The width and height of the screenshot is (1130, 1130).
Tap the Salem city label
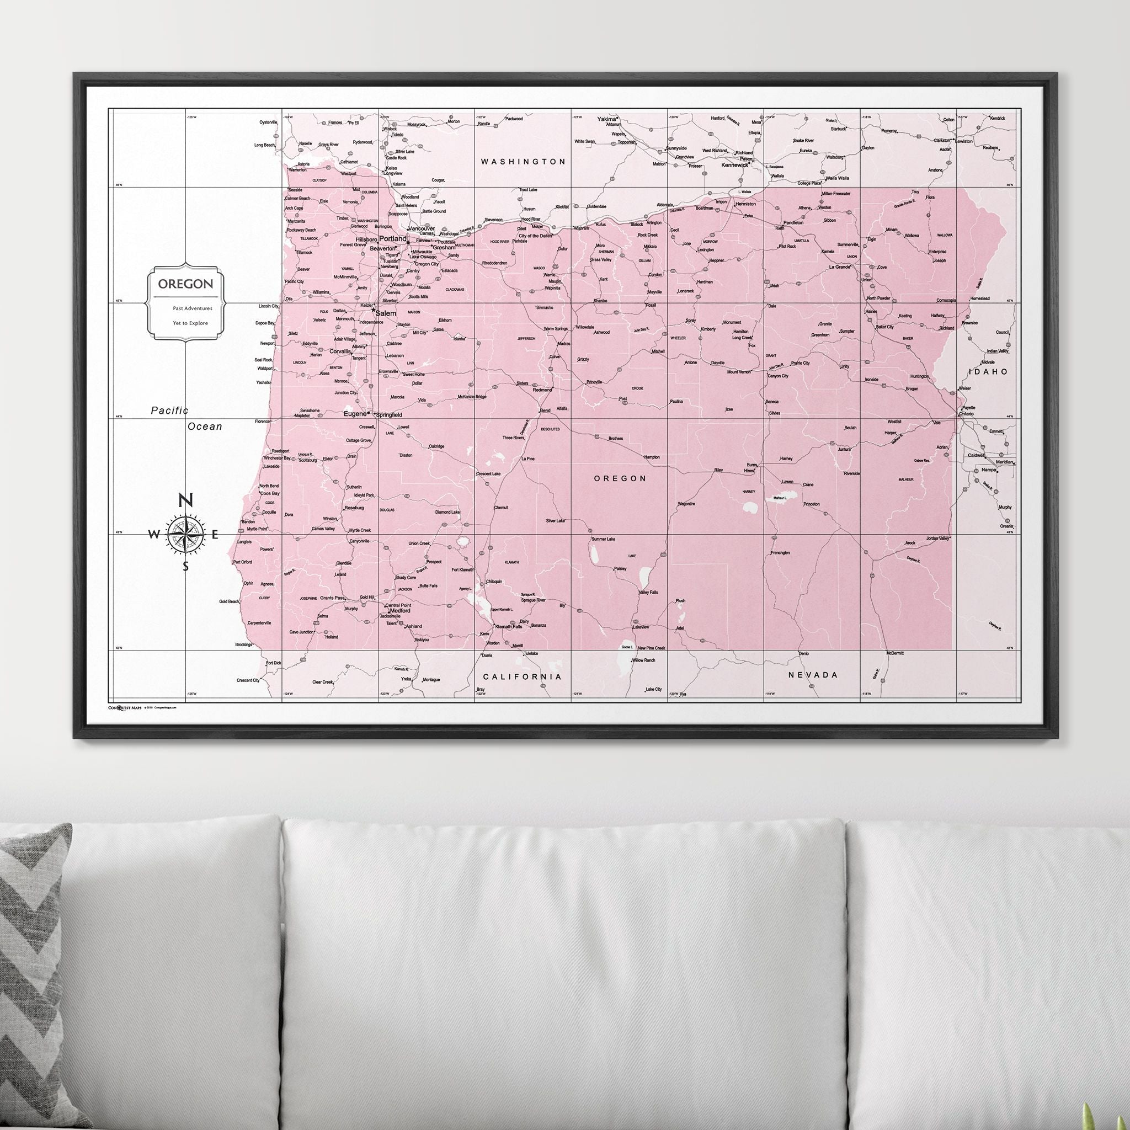(386, 313)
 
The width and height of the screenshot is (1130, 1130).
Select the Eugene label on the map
(354, 413)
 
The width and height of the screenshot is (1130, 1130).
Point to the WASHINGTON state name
(523, 162)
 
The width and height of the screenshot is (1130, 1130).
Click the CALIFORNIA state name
(523, 676)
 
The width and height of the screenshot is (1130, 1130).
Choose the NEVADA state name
(813, 675)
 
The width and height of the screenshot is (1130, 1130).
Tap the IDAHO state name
(988, 371)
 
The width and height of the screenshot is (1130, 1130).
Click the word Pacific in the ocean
(169, 411)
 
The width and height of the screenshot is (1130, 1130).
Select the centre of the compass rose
(186, 534)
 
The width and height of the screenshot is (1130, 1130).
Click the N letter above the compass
(185, 500)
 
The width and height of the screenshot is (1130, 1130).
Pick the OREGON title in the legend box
(185, 284)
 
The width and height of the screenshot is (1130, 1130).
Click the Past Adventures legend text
(193, 308)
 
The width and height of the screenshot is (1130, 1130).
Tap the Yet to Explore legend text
(190, 323)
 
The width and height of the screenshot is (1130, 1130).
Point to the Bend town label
(545, 411)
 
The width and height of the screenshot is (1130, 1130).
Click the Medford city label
(399, 610)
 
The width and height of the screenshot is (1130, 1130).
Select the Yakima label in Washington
(606, 119)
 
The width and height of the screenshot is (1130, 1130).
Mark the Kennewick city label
(734, 165)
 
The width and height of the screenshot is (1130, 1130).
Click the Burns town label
(751, 465)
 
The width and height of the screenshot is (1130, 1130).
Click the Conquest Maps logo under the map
(125, 707)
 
